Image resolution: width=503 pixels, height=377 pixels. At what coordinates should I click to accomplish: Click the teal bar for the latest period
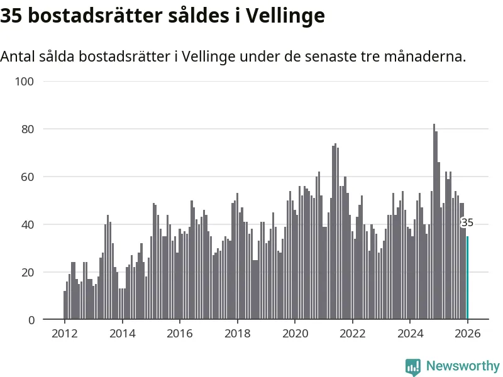coord(467,278)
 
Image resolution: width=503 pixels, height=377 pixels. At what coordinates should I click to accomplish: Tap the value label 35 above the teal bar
coord(467,222)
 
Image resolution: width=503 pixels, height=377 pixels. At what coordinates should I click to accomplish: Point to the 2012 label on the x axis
coord(65,334)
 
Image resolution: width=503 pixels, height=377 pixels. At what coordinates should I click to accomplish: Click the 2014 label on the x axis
coord(122,334)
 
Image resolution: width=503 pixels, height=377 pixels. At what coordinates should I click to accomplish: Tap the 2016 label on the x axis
coord(180,334)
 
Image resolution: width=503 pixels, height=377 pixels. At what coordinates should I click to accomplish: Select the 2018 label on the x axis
coord(237,334)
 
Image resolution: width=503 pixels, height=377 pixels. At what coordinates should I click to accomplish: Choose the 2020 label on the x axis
coord(295,334)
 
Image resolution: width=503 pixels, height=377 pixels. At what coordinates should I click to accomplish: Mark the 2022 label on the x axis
coord(352,334)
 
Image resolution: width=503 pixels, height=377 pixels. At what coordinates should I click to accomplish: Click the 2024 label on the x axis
coord(410,334)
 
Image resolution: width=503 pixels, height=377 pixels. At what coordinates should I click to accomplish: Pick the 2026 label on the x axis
coord(467,334)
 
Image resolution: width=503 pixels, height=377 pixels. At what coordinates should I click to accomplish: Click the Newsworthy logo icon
coord(413,366)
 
